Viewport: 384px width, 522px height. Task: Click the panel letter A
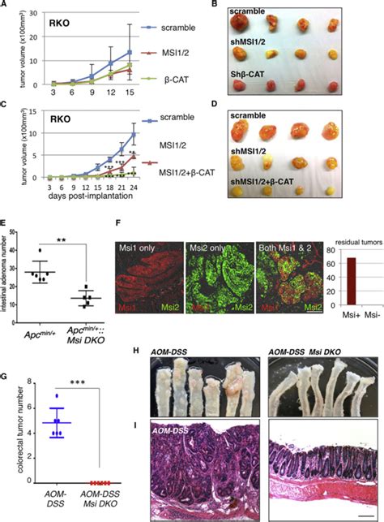(4, 6)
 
